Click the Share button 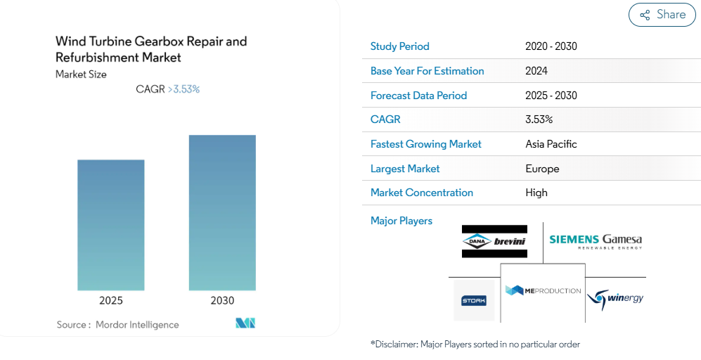pyautogui.click(x=662, y=15)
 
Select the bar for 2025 pyautogui.click(x=111, y=225)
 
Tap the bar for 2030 pyautogui.click(x=222, y=213)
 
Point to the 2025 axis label pyautogui.click(x=111, y=300)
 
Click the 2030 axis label pyautogui.click(x=222, y=300)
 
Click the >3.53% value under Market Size pyautogui.click(x=184, y=89)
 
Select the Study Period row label pyautogui.click(x=399, y=46)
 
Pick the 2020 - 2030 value pyautogui.click(x=551, y=46)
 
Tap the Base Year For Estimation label pyautogui.click(x=427, y=70)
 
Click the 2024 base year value pyautogui.click(x=536, y=70)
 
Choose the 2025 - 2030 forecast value pyautogui.click(x=551, y=95)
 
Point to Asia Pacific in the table pyautogui.click(x=551, y=144)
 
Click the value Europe pyautogui.click(x=542, y=169)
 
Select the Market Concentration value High pyautogui.click(x=536, y=193)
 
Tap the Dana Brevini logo pyautogui.click(x=494, y=241)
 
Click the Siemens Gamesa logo pyautogui.click(x=596, y=241)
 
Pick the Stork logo pyautogui.click(x=473, y=300)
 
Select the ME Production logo pyautogui.click(x=543, y=290)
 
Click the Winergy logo pyautogui.click(x=615, y=298)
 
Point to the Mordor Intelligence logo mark pyautogui.click(x=245, y=323)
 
